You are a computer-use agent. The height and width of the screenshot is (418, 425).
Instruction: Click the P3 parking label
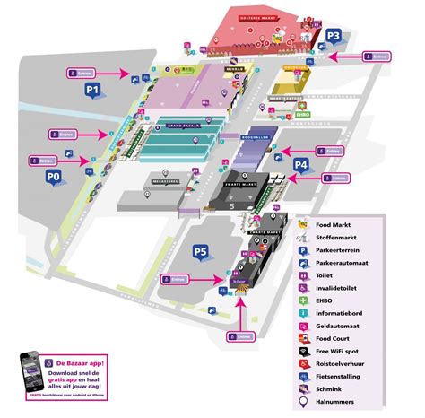coord(334,37)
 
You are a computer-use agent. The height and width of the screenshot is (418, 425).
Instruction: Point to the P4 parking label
coord(302,166)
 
